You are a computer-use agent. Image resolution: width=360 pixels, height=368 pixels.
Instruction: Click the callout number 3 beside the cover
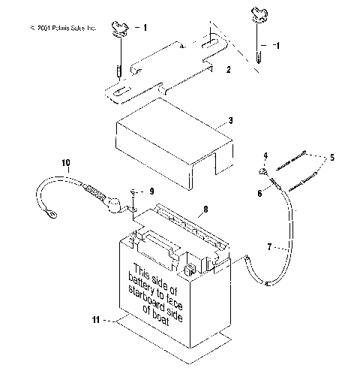(x=231, y=120)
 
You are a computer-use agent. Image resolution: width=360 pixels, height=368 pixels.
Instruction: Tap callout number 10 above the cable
(x=65, y=161)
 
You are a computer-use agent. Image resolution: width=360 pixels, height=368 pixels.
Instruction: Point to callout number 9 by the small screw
(x=151, y=191)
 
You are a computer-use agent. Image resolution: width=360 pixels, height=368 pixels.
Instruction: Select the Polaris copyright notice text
(x=61, y=28)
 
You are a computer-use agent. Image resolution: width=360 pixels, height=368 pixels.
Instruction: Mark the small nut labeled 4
(x=265, y=170)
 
